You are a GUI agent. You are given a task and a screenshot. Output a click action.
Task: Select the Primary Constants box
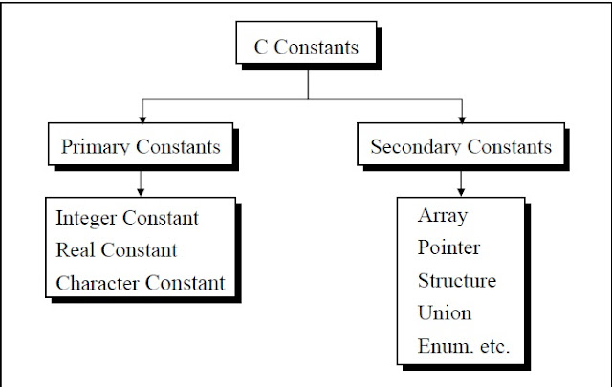[141, 147]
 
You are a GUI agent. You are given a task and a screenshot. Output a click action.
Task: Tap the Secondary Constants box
[460, 147]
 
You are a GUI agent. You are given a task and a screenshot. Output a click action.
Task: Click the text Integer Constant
[127, 218]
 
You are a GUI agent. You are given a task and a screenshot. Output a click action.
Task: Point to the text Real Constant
[117, 250]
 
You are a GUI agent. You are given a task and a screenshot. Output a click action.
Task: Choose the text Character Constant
[141, 283]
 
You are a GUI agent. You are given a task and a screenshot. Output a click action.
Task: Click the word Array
[443, 215]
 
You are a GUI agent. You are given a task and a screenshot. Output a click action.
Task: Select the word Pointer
[448, 248]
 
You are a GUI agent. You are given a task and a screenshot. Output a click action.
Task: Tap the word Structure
[457, 281]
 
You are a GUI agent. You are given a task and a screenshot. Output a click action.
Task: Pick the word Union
[445, 312]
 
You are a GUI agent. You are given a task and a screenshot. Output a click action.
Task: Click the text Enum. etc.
[464, 345]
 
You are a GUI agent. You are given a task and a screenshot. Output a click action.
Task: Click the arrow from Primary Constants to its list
[141, 182]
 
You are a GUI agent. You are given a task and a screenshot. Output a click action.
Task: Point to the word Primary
[95, 147]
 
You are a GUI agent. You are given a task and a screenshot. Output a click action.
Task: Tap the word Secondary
[411, 147]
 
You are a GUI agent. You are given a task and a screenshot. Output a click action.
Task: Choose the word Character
[99, 283]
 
